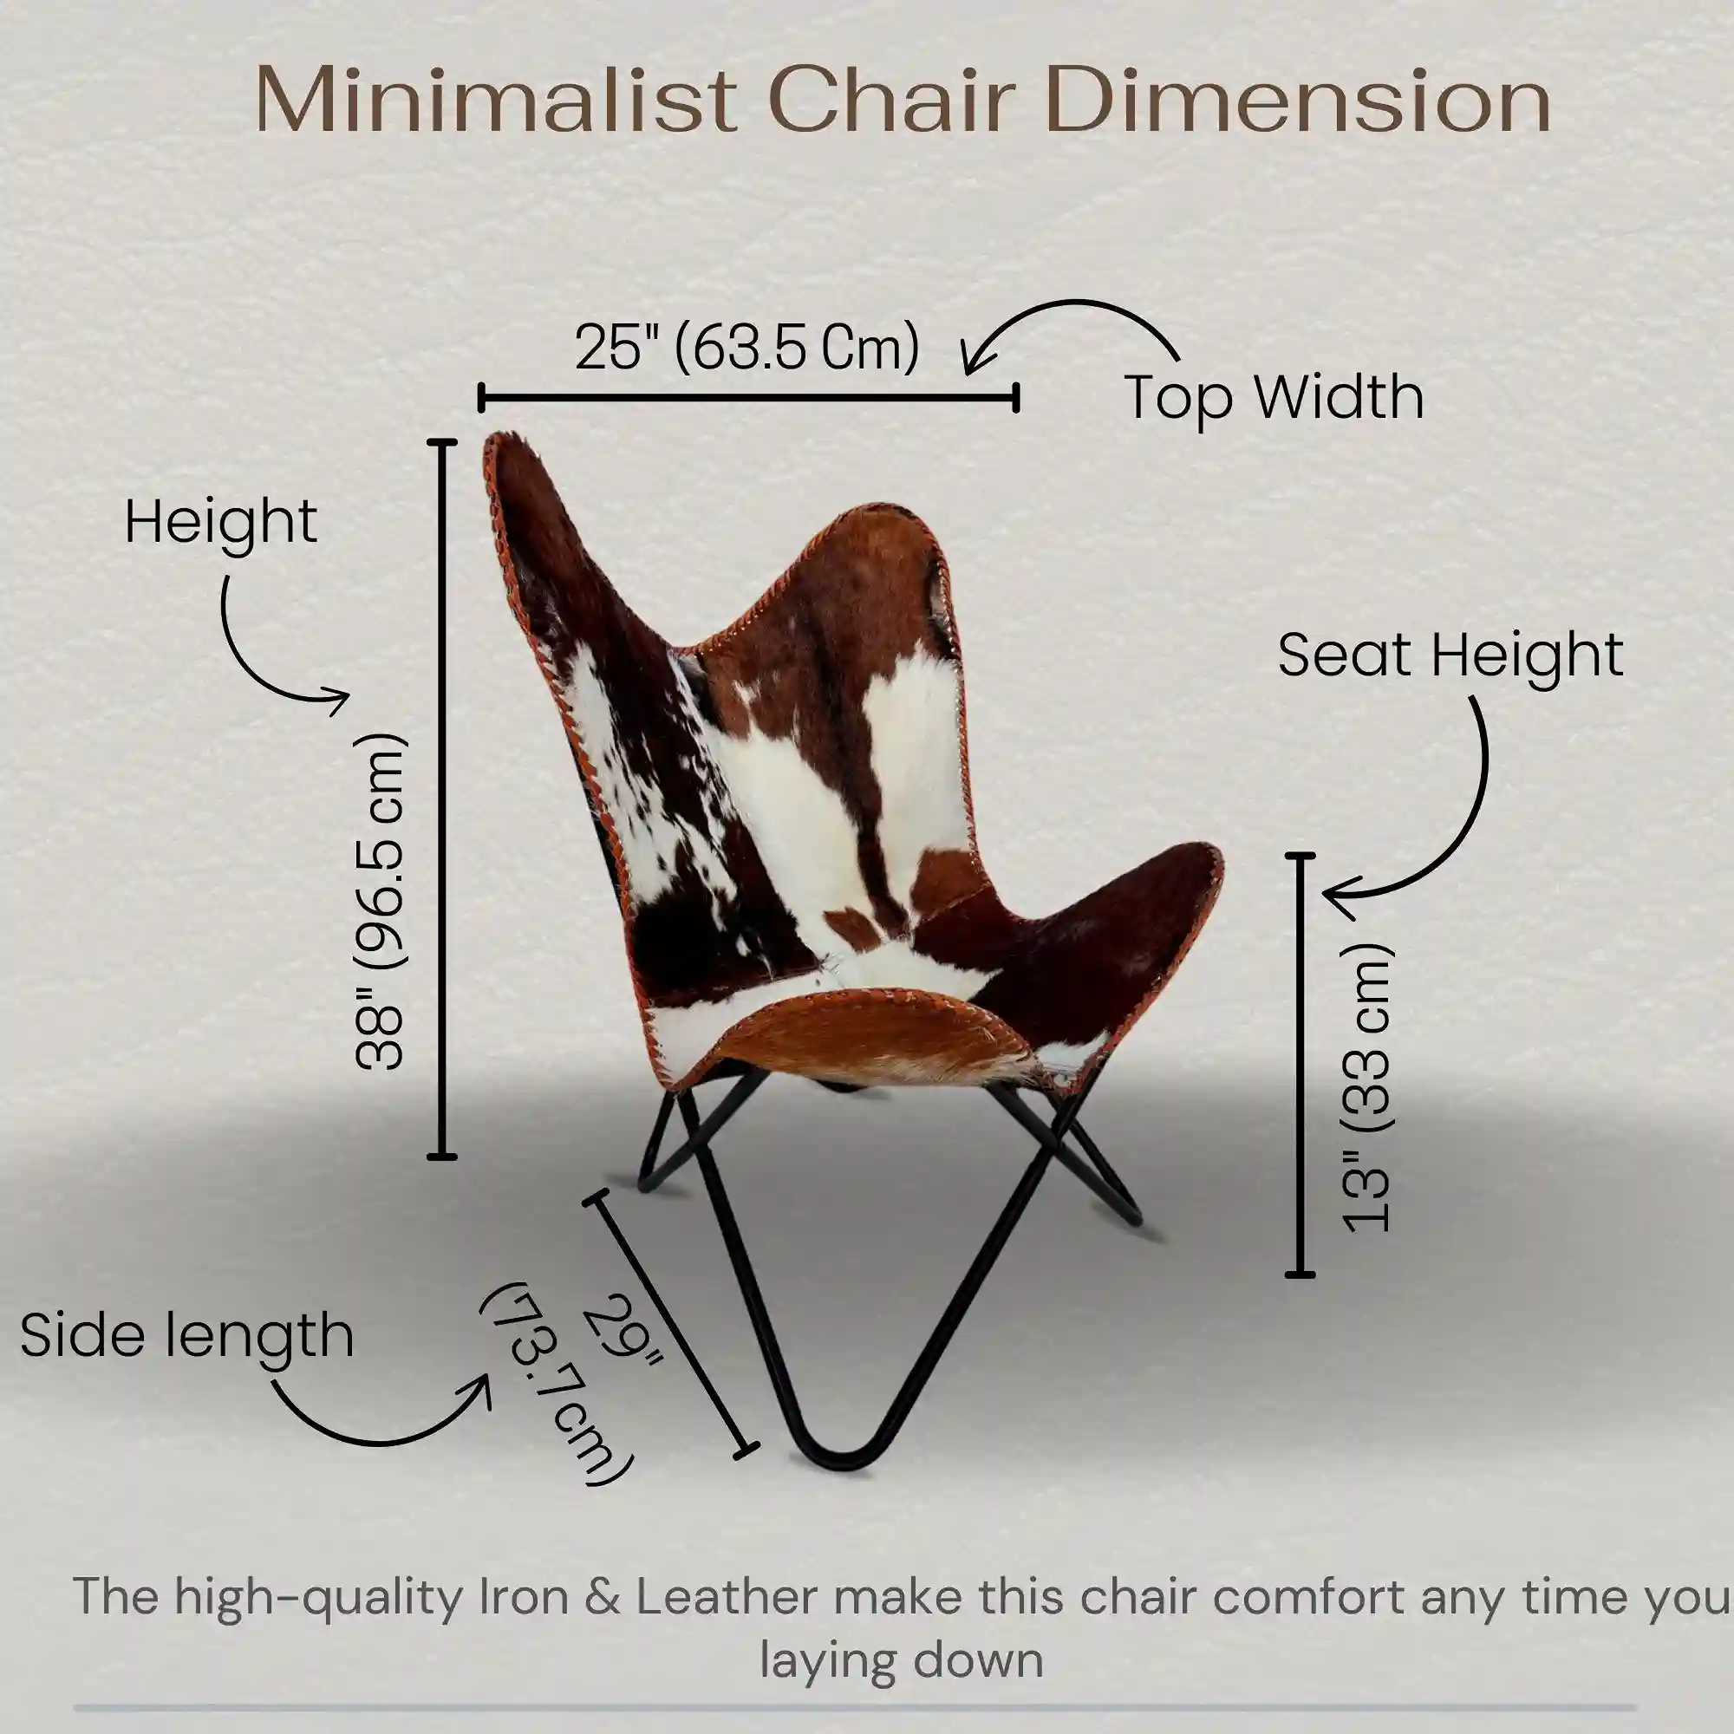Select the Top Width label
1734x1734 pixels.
(1274, 397)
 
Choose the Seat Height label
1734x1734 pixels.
(1450, 655)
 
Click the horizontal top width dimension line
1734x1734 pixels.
(747, 397)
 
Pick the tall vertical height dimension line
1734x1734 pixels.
(440, 799)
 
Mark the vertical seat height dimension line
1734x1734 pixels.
(1300, 1065)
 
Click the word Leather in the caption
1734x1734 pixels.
(727, 1597)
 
